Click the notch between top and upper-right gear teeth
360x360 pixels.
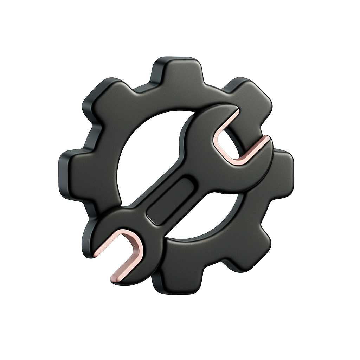point(214,86)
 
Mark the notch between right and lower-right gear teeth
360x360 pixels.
point(278,214)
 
